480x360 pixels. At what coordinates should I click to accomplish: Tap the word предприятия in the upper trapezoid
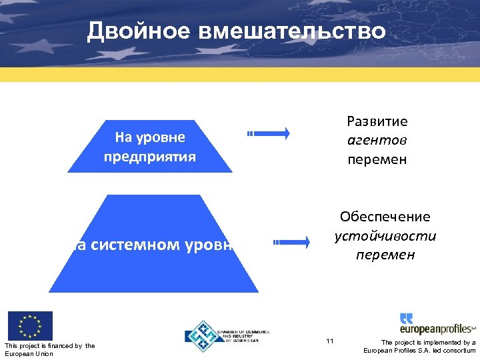pyautogui.click(x=149, y=157)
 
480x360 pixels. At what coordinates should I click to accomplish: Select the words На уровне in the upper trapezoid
pyautogui.click(x=149, y=138)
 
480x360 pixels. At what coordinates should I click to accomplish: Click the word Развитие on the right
pyautogui.click(x=377, y=121)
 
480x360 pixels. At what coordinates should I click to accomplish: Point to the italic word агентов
pyautogui.click(x=377, y=141)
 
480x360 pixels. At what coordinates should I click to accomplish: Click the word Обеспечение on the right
pyautogui.click(x=385, y=217)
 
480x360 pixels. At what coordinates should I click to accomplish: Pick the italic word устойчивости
pyautogui.click(x=385, y=236)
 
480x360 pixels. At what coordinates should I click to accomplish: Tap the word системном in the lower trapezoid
pyautogui.click(x=134, y=245)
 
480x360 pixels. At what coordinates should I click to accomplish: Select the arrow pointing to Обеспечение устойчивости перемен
pyautogui.click(x=291, y=241)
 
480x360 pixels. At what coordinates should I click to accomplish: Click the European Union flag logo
pyautogui.click(x=29, y=326)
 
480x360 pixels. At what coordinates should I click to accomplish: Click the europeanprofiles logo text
pyautogui.click(x=436, y=329)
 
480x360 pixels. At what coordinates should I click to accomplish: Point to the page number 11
pyautogui.click(x=330, y=341)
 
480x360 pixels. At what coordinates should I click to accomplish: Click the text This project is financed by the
pyautogui.click(x=49, y=345)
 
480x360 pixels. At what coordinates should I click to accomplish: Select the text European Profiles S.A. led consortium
pyautogui.click(x=419, y=351)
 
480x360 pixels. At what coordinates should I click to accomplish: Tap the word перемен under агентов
pyautogui.click(x=377, y=160)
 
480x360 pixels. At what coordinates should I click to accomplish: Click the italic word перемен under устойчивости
pyautogui.click(x=385, y=255)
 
